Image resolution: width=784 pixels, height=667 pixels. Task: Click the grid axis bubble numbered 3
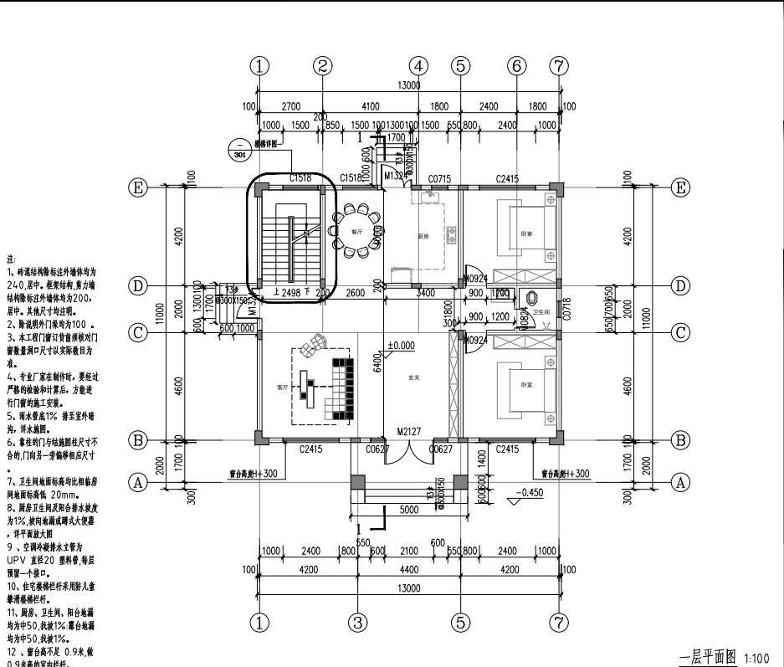click(x=358, y=622)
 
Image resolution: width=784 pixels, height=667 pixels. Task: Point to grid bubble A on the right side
click(x=681, y=481)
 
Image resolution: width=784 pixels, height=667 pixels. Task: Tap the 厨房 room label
click(x=424, y=237)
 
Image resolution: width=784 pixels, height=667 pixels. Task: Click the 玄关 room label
click(x=413, y=377)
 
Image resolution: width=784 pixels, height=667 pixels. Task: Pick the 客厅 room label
click(x=281, y=387)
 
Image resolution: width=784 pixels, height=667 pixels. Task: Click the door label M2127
click(x=408, y=432)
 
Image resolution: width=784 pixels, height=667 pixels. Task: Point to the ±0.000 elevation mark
click(x=402, y=345)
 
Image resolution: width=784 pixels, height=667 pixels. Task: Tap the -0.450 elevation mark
click(x=530, y=492)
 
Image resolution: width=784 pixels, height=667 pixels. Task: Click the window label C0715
click(x=439, y=178)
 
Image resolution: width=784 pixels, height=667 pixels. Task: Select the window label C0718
click(x=566, y=311)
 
